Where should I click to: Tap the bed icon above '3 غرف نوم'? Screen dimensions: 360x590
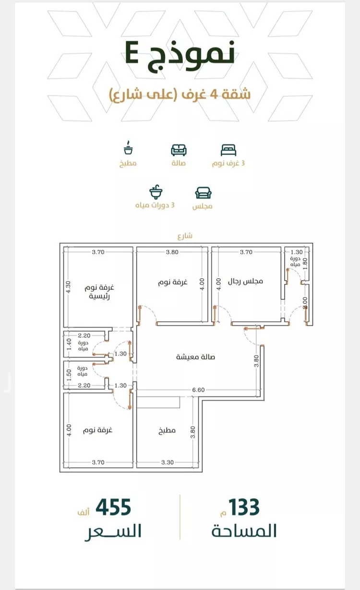(228, 150)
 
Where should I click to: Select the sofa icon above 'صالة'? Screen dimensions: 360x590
(179, 150)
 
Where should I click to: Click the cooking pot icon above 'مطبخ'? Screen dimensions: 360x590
(128, 148)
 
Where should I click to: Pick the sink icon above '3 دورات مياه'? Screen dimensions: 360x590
(156, 192)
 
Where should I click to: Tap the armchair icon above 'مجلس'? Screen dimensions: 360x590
(203, 193)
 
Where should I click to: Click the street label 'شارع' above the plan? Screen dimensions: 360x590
(185, 236)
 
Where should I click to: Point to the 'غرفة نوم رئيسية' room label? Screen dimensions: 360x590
(99, 292)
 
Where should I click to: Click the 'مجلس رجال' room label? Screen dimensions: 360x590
(245, 281)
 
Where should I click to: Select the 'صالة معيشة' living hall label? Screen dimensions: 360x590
(195, 357)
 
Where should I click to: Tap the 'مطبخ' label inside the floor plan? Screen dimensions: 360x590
(167, 430)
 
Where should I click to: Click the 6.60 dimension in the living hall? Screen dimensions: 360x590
(198, 390)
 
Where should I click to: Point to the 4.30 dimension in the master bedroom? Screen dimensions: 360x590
(68, 287)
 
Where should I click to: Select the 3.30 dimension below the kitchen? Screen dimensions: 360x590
(168, 462)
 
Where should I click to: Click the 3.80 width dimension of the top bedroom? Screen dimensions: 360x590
(172, 252)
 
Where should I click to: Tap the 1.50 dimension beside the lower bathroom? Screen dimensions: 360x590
(69, 375)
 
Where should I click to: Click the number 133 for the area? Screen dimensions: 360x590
(244, 507)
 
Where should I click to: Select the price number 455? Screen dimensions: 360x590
(113, 507)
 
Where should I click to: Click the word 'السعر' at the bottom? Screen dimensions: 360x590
(113, 531)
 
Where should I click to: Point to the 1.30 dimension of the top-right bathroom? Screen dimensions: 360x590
(297, 252)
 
